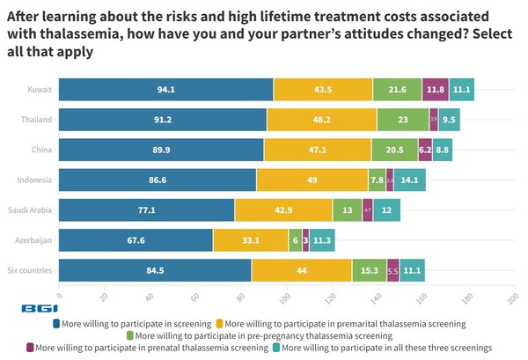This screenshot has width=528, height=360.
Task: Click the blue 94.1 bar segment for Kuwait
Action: click(165, 90)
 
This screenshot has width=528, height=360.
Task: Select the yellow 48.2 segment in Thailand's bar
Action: click(321, 120)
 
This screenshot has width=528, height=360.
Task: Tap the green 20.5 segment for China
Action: click(394, 150)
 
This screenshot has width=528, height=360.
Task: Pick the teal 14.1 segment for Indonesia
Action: click(410, 180)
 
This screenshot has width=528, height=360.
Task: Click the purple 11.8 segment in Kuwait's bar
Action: click(435, 90)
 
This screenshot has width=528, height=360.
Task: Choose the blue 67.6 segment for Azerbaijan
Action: click(136, 239)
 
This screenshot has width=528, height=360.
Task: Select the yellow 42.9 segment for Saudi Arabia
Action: click(283, 209)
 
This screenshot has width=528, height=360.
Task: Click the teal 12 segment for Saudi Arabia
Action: click(386, 209)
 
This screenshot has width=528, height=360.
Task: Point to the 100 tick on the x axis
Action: click(286, 296)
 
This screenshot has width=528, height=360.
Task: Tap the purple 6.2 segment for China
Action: click(425, 150)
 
